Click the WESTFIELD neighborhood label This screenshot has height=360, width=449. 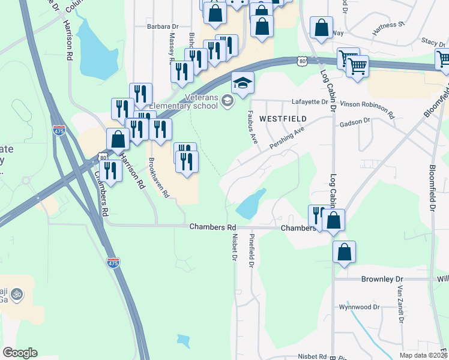click(x=283, y=119)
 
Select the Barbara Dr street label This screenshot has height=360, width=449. click(x=163, y=26)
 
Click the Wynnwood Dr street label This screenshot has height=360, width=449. click(x=359, y=307)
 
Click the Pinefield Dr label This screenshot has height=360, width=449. click(x=252, y=251)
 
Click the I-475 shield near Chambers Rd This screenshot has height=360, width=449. click(x=113, y=262)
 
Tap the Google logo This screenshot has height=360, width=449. click(x=20, y=353)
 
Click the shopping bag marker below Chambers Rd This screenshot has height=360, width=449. click(x=344, y=253)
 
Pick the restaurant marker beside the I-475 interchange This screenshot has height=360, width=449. click(x=110, y=170)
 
